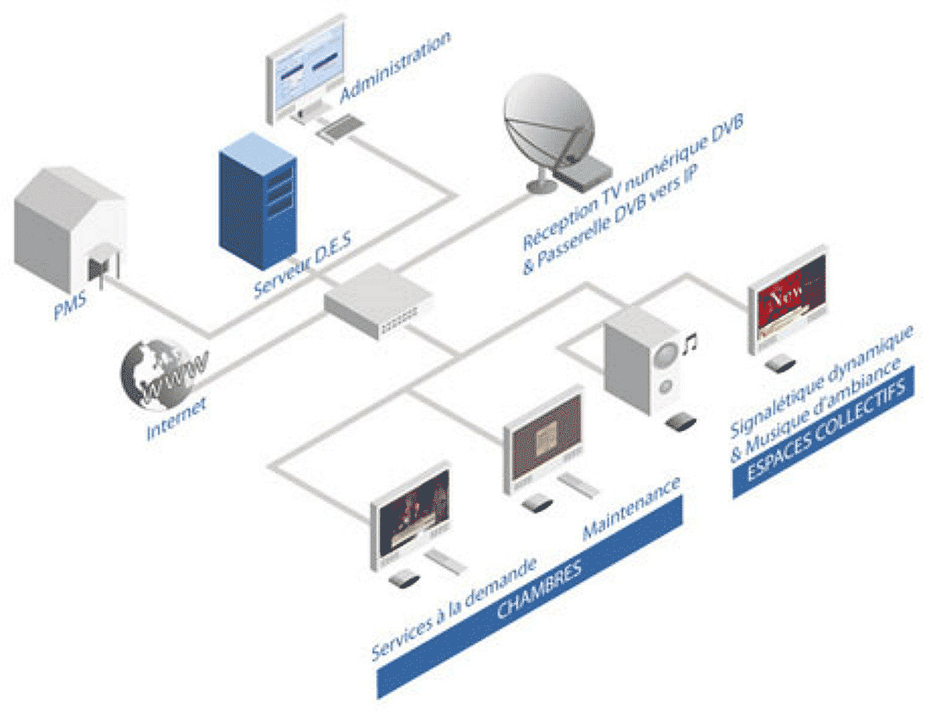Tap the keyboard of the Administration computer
coord(342,126)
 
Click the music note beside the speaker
coord(690,342)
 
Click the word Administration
coord(396,66)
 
